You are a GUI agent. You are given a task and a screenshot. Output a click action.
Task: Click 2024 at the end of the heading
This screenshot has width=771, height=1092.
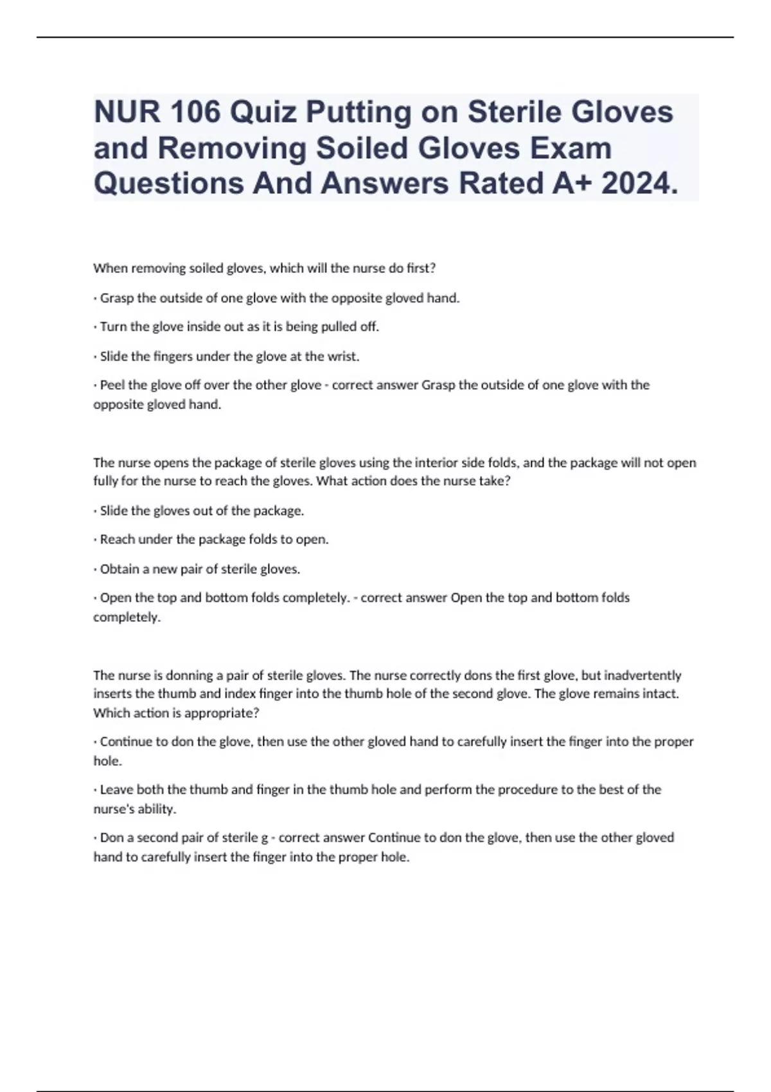pos(639,183)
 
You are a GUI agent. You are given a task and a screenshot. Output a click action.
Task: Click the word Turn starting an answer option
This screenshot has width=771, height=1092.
pos(113,327)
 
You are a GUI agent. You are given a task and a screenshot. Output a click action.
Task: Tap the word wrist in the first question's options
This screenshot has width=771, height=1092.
pos(342,357)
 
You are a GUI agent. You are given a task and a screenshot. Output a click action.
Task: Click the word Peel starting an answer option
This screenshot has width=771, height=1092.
pos(113,385)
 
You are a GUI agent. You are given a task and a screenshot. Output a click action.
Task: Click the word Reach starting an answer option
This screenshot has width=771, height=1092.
pos(116,540)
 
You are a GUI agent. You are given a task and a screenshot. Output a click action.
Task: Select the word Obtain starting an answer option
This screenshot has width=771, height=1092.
pos(120,569)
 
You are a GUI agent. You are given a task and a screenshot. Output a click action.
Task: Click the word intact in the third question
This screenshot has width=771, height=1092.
pos(662,694)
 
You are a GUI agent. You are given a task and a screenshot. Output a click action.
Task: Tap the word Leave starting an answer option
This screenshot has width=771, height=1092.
pos(115,789)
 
